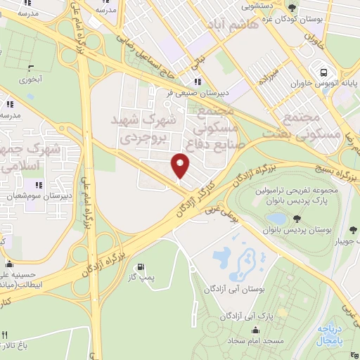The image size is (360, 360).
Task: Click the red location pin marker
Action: point(181,166)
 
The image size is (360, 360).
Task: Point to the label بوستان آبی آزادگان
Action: point(232,288)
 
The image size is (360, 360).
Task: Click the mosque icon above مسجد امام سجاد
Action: point(254,329)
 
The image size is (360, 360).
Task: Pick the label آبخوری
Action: point(31,79)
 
